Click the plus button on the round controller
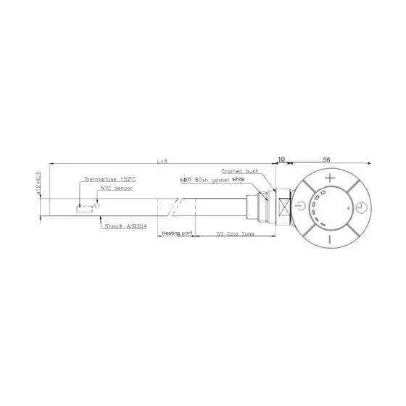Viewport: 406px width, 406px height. pyautogui.click(x=331, y=178)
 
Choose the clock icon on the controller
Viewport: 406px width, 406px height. pyautogui.click(x=360, y=209)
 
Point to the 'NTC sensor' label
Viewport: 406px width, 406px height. pyautogui.click(x=115, y=188)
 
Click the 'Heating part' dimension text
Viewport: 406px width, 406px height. pyautogui.click(x=176, y=233)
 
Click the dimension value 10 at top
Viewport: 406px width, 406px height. pyautogui.click(x=281, y=158)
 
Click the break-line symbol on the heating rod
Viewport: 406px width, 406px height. pyautogui.click(x=173, y=209)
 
